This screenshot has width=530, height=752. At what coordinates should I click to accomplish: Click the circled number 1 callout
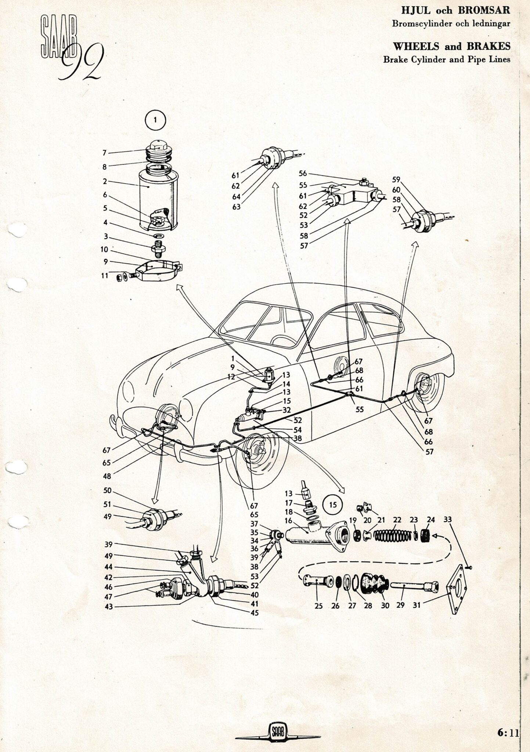point(155,120)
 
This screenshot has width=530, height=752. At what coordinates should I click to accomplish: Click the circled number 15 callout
point(333,505)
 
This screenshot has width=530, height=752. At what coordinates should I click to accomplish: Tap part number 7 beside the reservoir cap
point(105,153)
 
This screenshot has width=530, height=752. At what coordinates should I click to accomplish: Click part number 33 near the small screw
point(447,520)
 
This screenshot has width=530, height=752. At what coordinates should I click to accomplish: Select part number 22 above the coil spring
point(397,520)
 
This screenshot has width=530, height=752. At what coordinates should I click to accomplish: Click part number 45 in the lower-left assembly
point(255,612)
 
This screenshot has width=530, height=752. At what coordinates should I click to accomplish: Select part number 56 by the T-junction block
point(303,173)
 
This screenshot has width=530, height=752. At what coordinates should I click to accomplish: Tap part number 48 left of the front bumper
point(107,477)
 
